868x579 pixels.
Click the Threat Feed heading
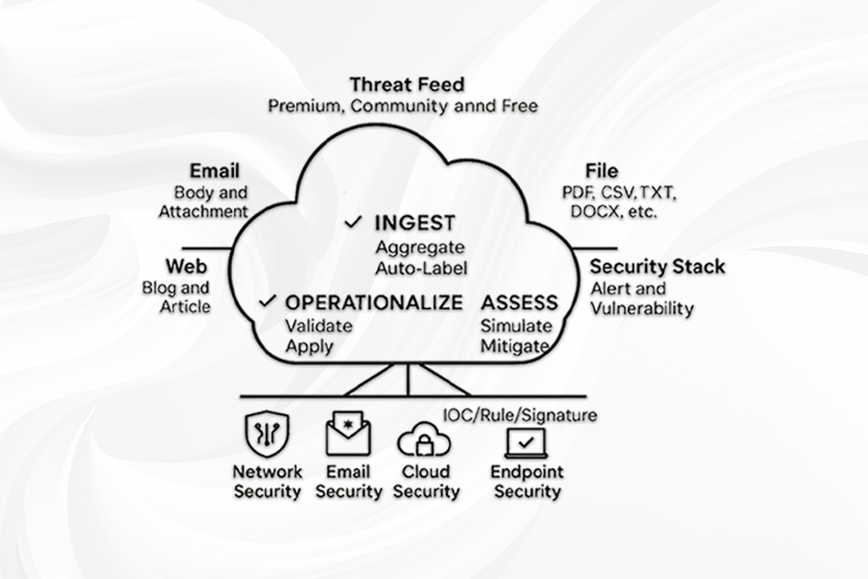pos(407,84)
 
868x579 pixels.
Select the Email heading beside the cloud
pos(215,170)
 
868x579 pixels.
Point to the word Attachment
pos(203,211)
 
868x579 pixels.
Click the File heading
pos(601,170)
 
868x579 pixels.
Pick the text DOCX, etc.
pos(614,212)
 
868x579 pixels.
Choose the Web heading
pos(186,267)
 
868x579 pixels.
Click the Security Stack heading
pos(657,267)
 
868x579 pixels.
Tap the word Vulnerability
pos(642,308)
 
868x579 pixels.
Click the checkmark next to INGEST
pos(352,223)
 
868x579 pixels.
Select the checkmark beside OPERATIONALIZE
pos(268,302)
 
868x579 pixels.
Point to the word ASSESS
pos(519,302)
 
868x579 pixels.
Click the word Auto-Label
pos(421,266)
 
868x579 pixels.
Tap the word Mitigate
pos(514,347)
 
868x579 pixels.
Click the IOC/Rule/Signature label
pos(521,416)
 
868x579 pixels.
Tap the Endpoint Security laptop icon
pos(526,442)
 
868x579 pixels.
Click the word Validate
pos(319,326)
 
